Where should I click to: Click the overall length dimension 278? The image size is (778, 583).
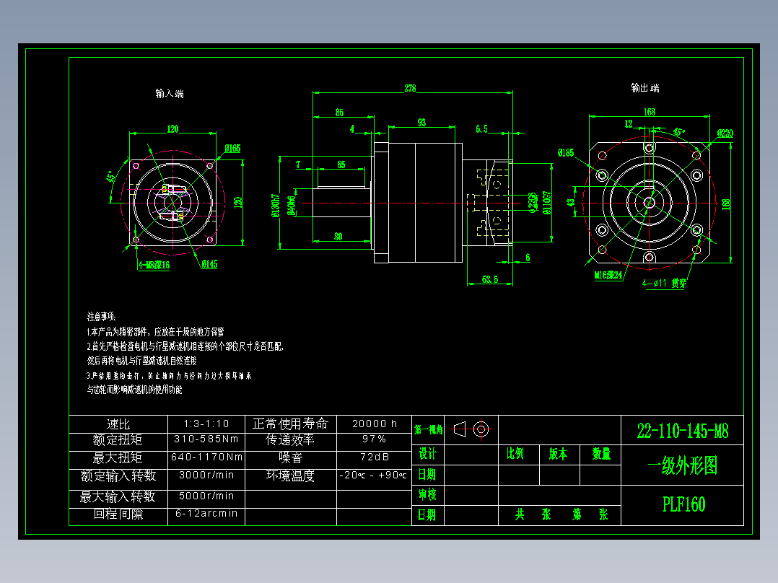pyautogui.click(x=410, y=89)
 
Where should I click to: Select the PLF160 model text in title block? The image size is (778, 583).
pyautogui.click(x=683, y=504)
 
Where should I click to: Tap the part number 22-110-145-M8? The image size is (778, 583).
pyautogui.click(x=682, y=431)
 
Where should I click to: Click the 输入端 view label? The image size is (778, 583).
pyautogui.click(x=170, y=94)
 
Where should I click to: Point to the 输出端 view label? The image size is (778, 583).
pyautogui.click(x=644, y=88)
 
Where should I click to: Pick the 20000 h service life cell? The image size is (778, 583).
pyautogui.click(x=375, y=424)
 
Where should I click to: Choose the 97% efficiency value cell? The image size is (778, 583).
pyautogui.click(x=375, y=439)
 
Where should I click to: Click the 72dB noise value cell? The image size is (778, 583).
pyautogui.click(x=375, y=457)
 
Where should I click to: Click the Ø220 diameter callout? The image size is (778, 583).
pyautogui.click(x=725, y=133)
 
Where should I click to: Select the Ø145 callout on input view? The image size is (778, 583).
pyautogui.click(x=209, y=265)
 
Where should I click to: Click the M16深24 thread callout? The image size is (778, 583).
pyautogui.click(x=608, y=275)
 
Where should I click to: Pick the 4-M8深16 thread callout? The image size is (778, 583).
pyautogui.click(x=153, y=265)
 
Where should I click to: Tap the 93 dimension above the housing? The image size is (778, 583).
pyautogui.click(x=421, y=123)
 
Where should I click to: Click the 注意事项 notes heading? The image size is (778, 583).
pyautogui.click(x=101, y=317)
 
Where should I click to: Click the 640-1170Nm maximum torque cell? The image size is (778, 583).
pyautogui.click(x=206, y=457)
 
